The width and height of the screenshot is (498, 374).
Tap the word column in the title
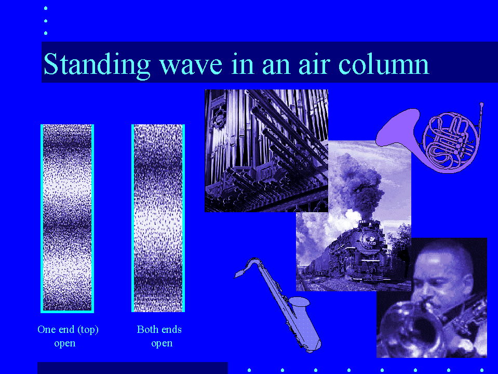pos(384,65)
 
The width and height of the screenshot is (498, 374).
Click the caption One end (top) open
pos(68,336)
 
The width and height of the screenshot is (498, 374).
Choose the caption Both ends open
pos(159,336)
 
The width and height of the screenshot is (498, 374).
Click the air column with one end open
pos(68,218)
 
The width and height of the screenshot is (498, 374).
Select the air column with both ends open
pos(158,218)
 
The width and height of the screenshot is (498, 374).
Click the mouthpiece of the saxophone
pos(239,274)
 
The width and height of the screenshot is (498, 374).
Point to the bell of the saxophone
pos(300,302)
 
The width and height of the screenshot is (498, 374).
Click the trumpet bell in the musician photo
pos(413,331)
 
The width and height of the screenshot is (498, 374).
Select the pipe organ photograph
pos(266,151)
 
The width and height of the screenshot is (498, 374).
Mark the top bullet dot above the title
pos(46,8)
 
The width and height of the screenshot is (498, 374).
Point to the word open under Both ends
pos(162,344)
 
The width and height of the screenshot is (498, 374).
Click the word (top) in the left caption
pos(88,330)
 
